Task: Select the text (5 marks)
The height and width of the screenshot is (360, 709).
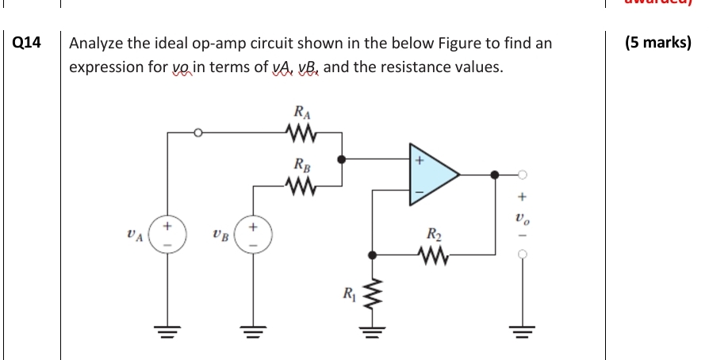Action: pos(657,43)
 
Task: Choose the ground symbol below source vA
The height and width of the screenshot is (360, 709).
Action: pos(167,332)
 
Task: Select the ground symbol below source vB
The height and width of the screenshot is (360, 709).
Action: pos(254,332)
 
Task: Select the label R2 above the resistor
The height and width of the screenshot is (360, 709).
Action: pos(433,235)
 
